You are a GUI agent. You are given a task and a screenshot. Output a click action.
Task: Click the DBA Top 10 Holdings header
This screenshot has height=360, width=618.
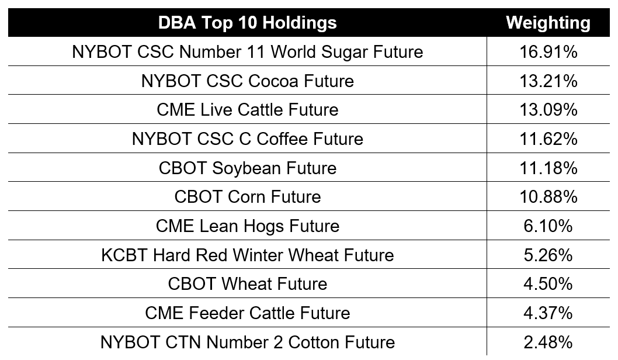coord(248,23)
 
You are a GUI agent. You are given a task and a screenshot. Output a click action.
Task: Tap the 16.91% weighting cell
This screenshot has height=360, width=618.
coord(548,51)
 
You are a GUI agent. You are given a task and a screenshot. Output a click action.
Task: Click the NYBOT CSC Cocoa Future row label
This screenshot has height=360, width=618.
coord(248,81)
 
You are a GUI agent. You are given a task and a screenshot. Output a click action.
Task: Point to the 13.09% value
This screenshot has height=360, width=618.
coord(548,110)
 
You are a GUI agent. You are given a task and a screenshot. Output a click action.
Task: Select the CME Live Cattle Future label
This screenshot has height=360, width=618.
coord(248,110)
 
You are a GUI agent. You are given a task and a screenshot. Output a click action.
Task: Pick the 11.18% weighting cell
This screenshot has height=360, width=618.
coord(548,168)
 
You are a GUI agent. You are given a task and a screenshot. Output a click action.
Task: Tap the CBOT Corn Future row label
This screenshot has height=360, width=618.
coord(248,197)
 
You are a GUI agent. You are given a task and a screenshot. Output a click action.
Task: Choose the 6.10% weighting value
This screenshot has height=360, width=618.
coord(548,226)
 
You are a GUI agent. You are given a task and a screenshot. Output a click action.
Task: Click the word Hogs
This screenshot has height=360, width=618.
coord(263,226)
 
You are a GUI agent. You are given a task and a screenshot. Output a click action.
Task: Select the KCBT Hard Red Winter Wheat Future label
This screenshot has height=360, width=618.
coord(248,255)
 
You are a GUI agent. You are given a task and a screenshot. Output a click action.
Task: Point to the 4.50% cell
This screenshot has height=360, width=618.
coord(548,284)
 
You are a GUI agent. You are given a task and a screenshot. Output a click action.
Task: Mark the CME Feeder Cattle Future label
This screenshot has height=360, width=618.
coord(248,313)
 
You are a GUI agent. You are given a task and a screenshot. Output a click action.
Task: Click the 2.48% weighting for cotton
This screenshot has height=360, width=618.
coord(548,342)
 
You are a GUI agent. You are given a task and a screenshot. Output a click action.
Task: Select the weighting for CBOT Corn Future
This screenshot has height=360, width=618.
coord(548,197)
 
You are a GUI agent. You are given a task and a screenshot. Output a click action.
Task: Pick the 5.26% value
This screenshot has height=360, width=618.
coord(548,255)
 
